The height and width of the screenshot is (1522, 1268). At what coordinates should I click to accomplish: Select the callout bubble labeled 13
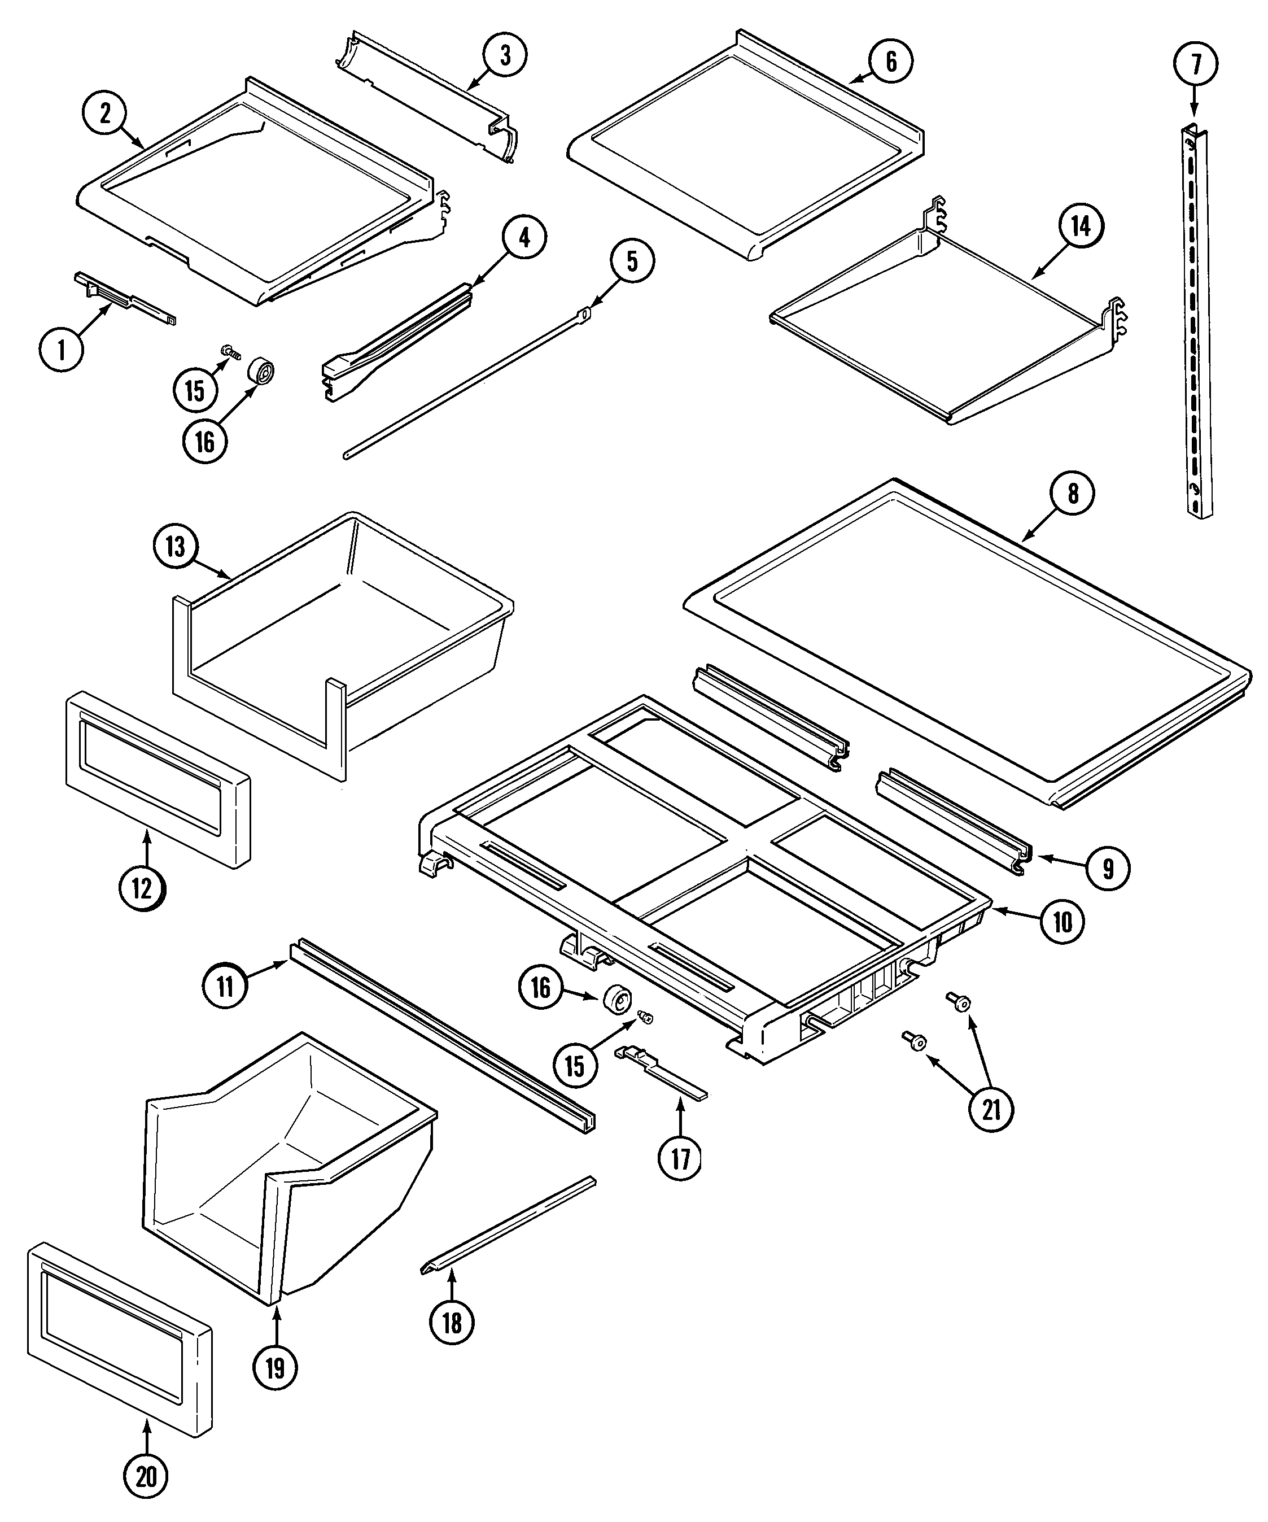(176, 547)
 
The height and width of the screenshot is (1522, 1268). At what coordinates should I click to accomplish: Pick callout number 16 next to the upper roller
(205, 440)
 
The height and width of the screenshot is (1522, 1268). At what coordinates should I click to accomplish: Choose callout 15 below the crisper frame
(575, 1065)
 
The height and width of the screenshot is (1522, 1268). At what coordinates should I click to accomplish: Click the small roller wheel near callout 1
(261, 371)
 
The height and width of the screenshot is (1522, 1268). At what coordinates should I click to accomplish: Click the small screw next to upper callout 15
(231, 353)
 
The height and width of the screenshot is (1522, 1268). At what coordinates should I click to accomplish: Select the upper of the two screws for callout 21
(960, 1003)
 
